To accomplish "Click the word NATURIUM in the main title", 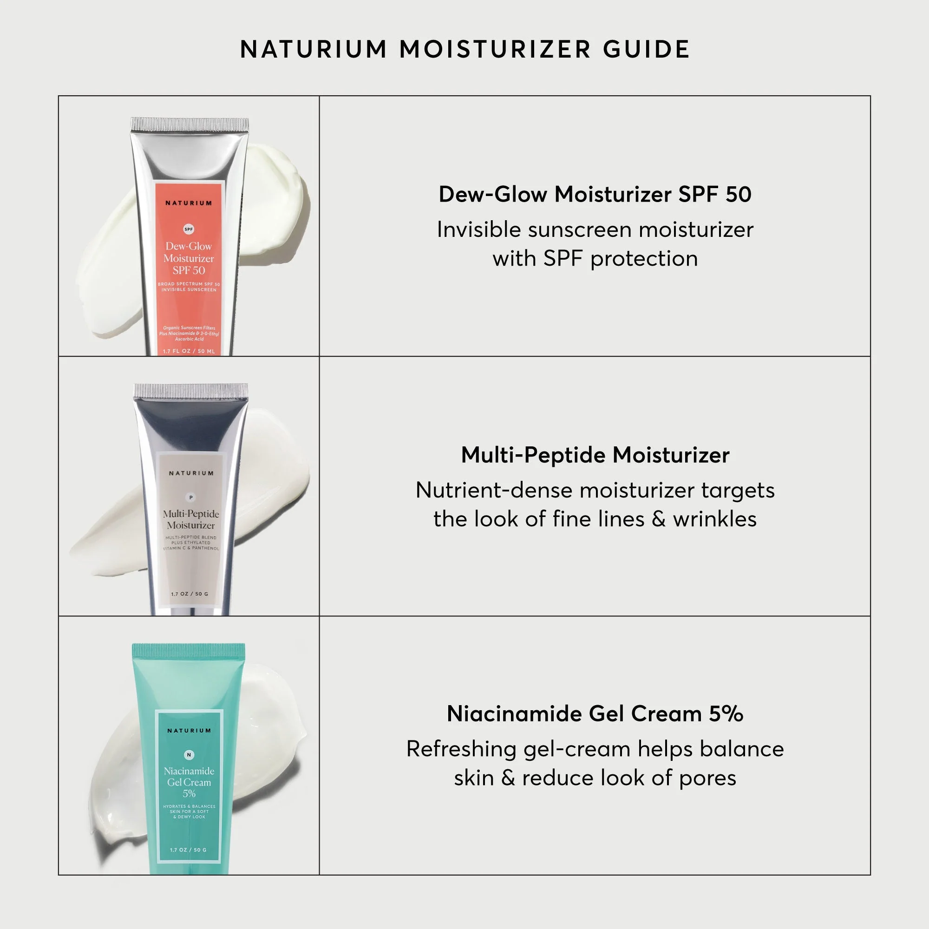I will (x=314, y=50).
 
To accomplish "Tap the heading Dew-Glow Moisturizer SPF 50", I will (x=595, y=194).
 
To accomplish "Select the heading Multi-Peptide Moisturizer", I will (x=595, y=455).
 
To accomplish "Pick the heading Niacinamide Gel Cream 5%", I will (x=595, y=713).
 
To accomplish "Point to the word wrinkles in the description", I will (x=714, y=519).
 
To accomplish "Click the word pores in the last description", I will (x=707, y=778).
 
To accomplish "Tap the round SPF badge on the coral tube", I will (x=189, y=229).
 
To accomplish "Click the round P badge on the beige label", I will (x=191, y=497).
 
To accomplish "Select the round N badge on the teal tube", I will (x=189, y=755).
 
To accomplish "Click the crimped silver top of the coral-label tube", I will (x=190, y=124).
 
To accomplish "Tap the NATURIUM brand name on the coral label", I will (x=189, y=203).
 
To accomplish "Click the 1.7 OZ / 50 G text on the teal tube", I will (x=189, y=850).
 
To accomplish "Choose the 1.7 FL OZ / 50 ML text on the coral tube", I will (x=189, y=352).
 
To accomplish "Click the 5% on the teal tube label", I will (x=189, y=793).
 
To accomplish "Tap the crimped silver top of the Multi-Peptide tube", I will (x=191, y=391).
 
